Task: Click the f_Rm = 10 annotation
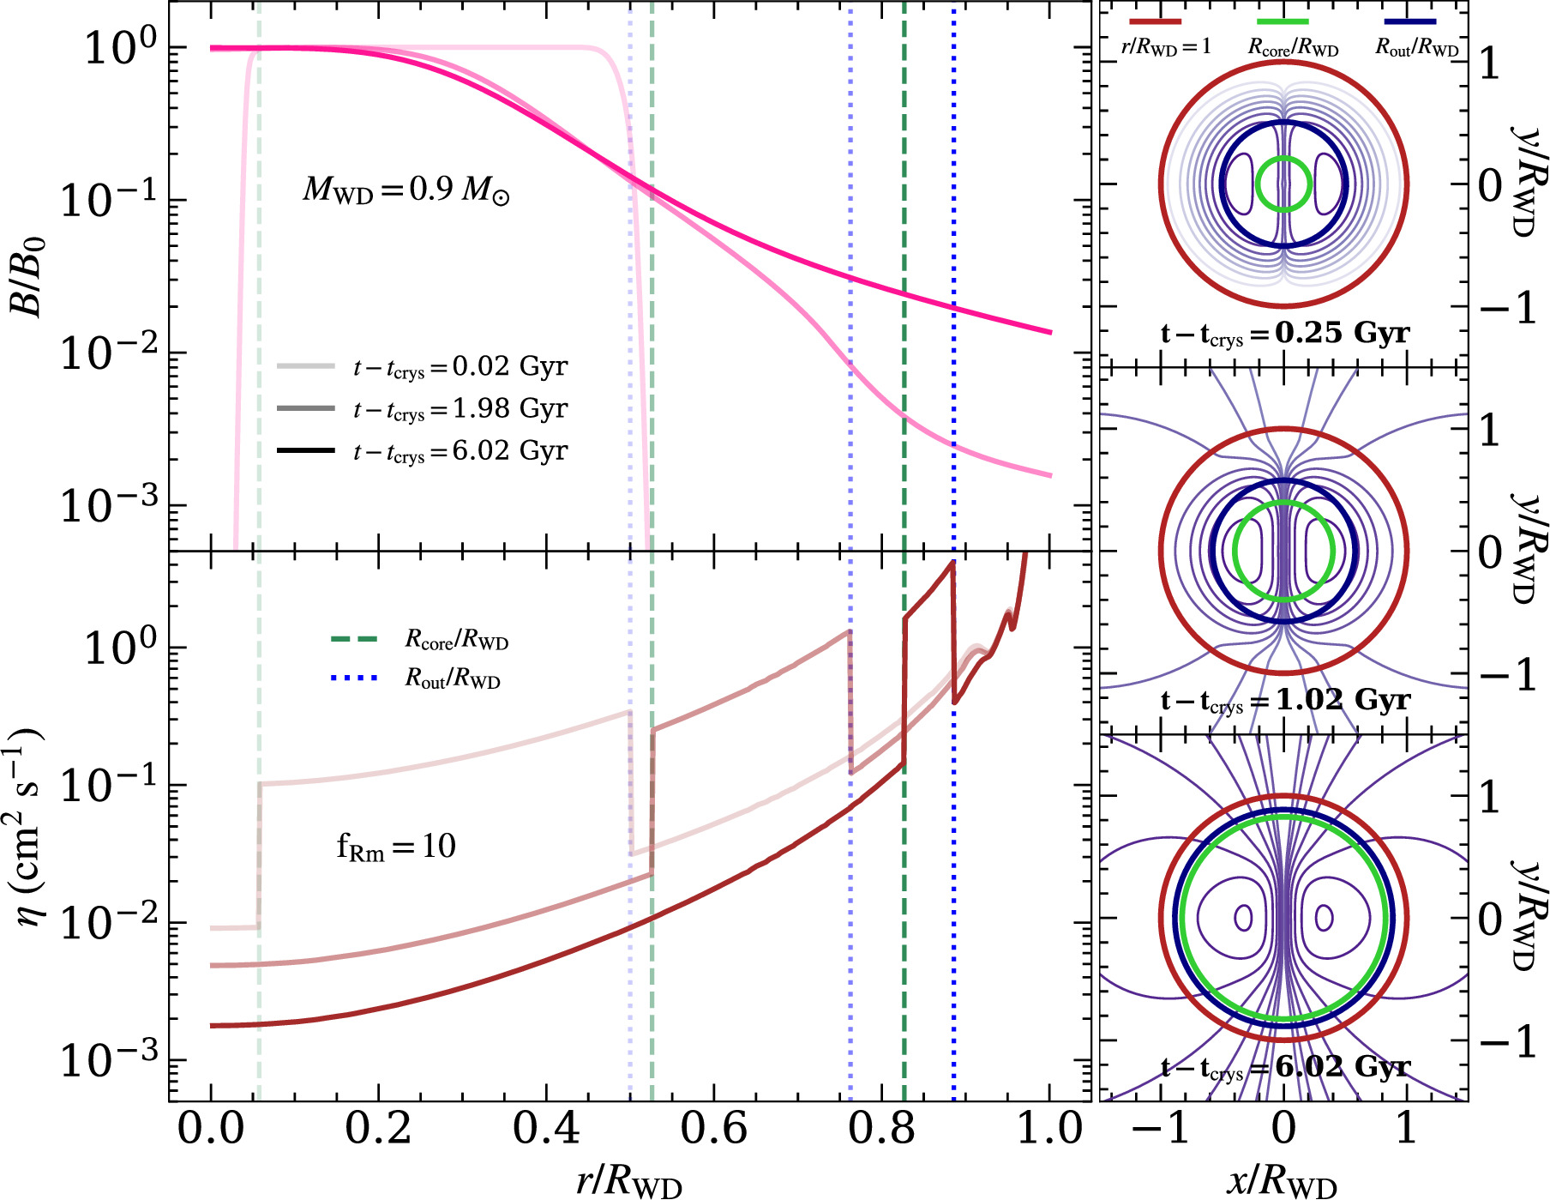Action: click(x=396, y=847)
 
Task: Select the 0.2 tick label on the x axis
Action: click(x=378, y=1129)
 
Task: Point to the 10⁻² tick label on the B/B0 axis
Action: click(x=110, y=353)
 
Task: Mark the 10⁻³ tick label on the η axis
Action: click(x=110, y=1062)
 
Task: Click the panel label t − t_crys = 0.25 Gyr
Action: click(x=1284, y=334)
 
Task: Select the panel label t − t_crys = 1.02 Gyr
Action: click(x=1284, y=701)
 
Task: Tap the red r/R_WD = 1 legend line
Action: click(x=1155, y=21)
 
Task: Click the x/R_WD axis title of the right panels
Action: click(x=1283, y=1181)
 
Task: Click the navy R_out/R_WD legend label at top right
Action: click(x=1416, y=48)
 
